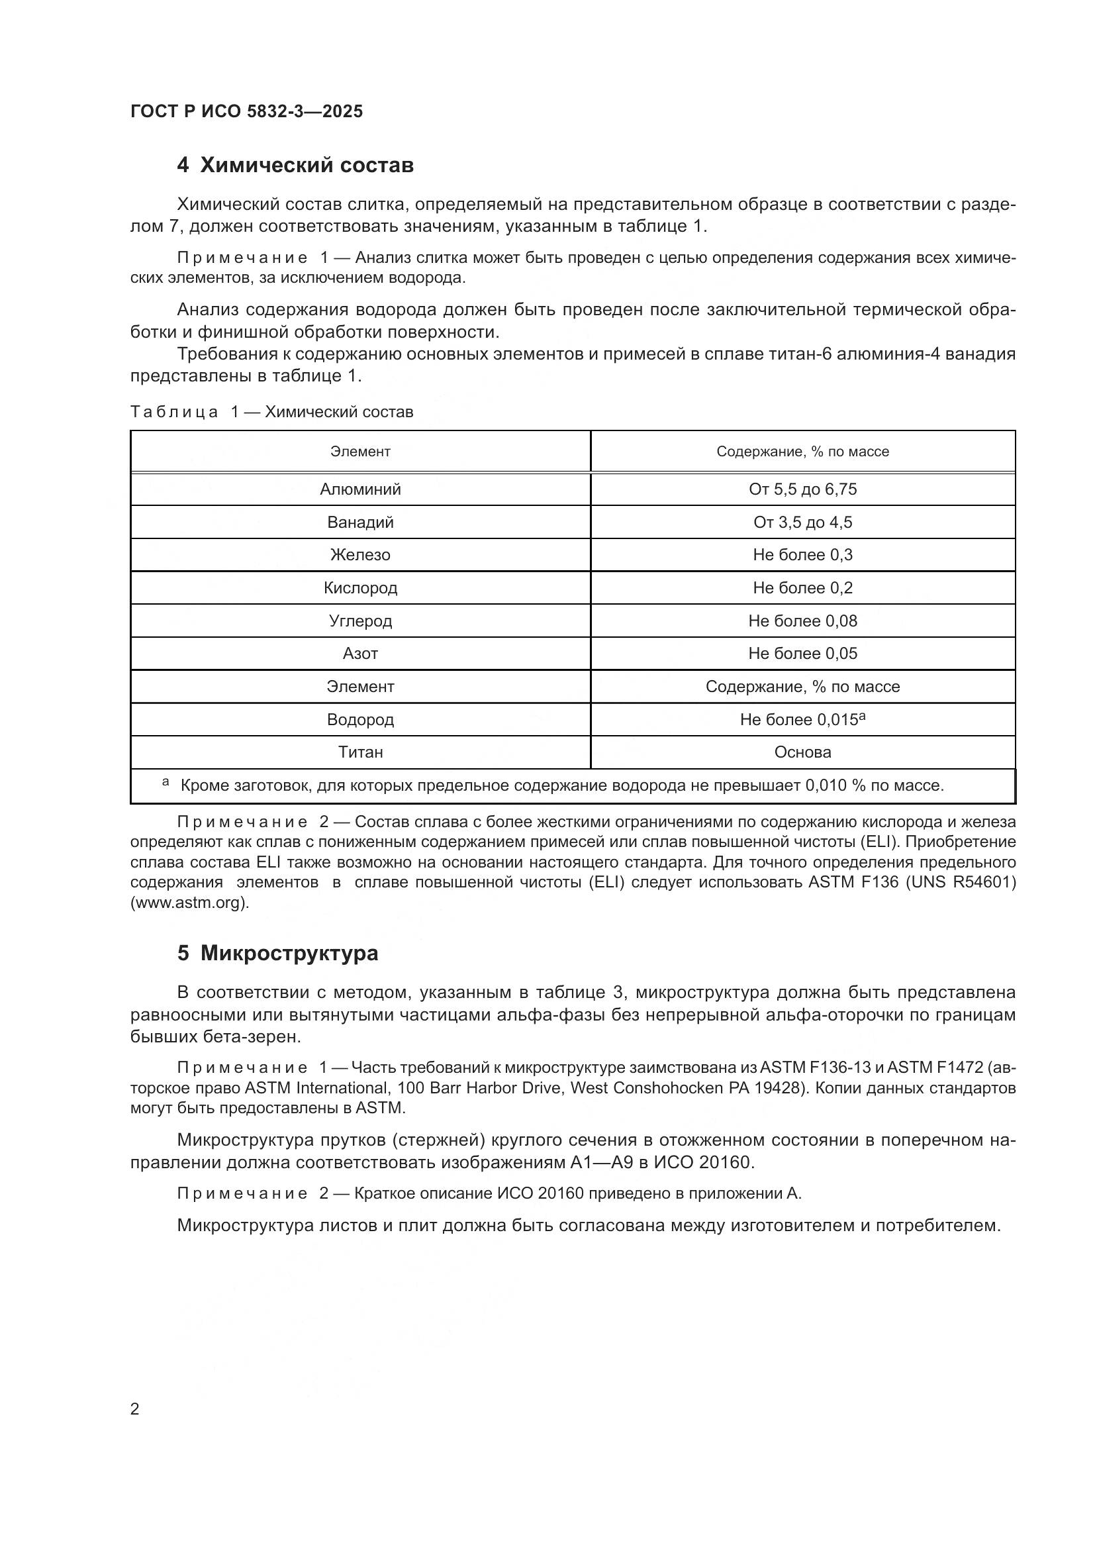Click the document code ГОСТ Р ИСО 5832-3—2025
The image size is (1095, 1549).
pyautogui.click(x=246, y=111)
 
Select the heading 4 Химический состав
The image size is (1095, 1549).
pyautogui.click(x=295, y=166)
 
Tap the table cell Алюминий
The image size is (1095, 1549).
pyautogui.click(x=360, y=489)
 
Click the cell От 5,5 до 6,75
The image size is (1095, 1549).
pyautogui.click(x=802, y=489)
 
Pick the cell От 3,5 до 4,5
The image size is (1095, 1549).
pyautogui.click(x=802, y=522)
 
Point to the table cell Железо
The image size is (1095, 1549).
pyautogui.click(x=360, y=554)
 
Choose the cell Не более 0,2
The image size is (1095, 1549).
pyautogui.click(x=802, y=587)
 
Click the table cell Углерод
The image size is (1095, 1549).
pyautogui.click(x=360, y=621)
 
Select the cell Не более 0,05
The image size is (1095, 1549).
pyautogui.click(x=802, y=653)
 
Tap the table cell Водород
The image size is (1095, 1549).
pyautogui.click(x=360, y=719)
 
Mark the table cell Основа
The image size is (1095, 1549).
pyautogui.click(x=802, y=752)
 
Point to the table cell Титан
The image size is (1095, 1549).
pyautogui.click(x=360, y=752)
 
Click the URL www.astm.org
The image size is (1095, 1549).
pyautogui.click(x=189, y=903)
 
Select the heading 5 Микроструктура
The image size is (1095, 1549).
pyautogui.click(x=277, y=953)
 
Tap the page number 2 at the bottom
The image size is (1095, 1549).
pyautogui.click(x=135, y=1409)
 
